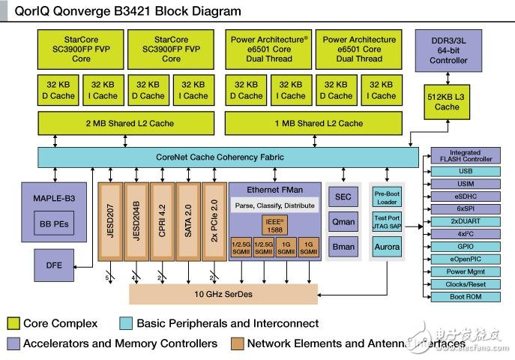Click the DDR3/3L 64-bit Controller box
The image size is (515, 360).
[x=449, y=52]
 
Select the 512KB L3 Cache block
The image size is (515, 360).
[x=447, y=101]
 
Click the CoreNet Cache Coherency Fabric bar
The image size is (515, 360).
[x=229, y=157]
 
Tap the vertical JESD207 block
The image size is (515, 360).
[x=111, y=221]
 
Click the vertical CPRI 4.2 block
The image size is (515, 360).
[x=163, y=221]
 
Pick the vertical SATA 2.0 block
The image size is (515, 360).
[x=188, y=221]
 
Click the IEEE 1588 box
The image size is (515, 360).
[x=274, y=226]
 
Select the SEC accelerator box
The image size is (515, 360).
[x=343, y=196]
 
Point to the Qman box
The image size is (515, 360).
[x=343, y=221]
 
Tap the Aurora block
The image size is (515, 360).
[x=387, y=246]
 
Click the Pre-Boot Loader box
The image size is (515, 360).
[x=387, y=197]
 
